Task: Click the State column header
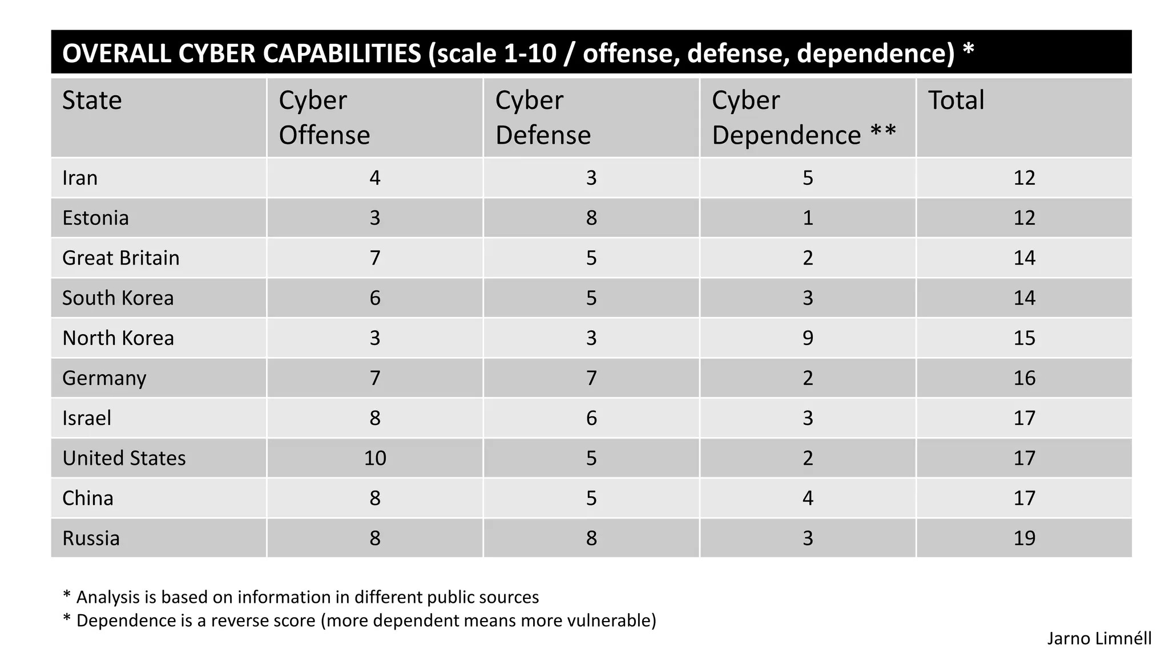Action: click(x=92, y=100)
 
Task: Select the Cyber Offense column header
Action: click(x=324, y=117)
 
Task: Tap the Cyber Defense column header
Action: click(x=542, y=117)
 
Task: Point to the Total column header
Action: click(x=956, y=100)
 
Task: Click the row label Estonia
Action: click(x=95, y=218)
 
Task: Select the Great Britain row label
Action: click(x=120, y=258)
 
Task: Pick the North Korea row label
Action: click(x=118, y=338)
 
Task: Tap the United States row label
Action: click(x=124, y=458)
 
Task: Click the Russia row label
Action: click(x=91, y=538)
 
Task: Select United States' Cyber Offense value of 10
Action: click(x=375, y=458)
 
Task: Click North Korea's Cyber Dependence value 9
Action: click(x=808, y=338)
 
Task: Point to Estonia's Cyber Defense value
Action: click(x=591, y=218)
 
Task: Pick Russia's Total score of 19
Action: click(x=1024, y=538)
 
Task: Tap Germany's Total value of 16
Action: click(x=1024, y=378)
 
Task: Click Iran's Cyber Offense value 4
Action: click(x=375, y=178)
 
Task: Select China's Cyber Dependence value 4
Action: click(x=808, y=498)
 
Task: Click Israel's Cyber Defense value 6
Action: click(x=591, y=418)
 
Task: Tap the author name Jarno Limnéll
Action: click(x=1099, y=638)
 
